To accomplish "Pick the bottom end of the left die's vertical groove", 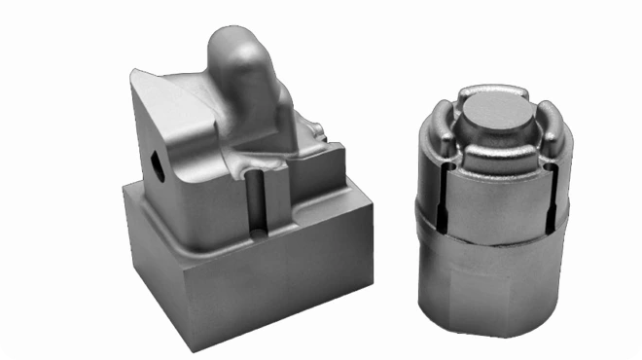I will [257, 234].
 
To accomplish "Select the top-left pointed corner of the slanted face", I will [133, 69].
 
